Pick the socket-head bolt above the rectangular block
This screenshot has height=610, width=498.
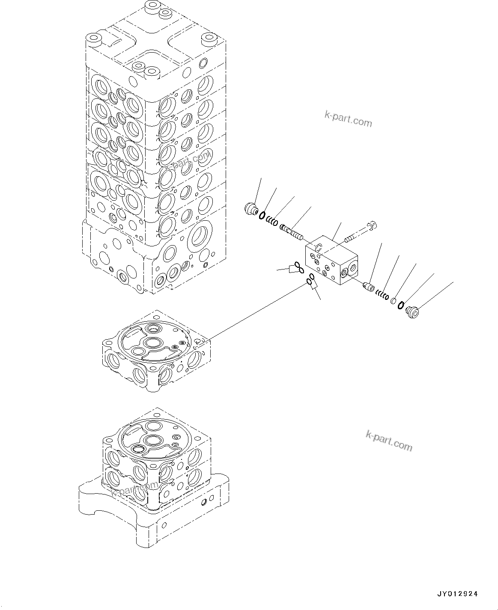[x=361, y=231]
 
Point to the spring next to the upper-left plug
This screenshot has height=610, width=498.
[x=271, y=221]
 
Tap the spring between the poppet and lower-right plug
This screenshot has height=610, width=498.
[x=382, y=295]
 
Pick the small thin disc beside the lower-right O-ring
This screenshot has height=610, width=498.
[x=393, y=301]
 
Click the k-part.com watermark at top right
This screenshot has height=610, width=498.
[x=348, y=119]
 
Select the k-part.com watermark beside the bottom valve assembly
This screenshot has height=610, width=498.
[x=389, y=441]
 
